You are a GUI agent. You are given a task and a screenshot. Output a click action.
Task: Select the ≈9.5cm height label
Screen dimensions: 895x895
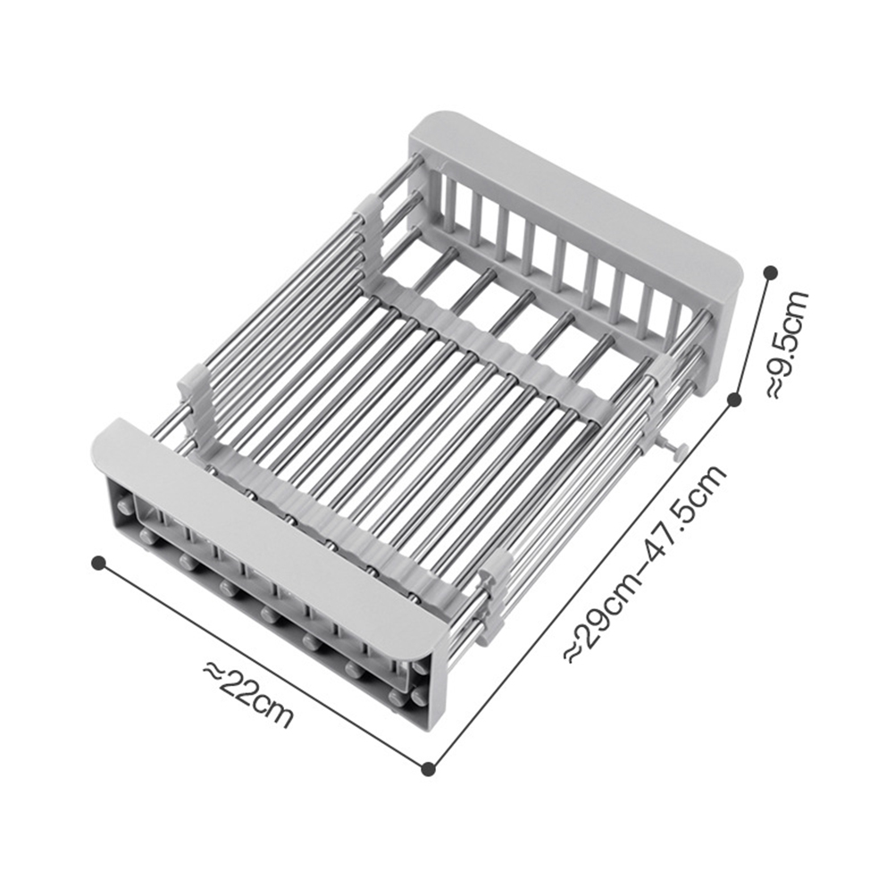pyautogui.click(x=789, y=343)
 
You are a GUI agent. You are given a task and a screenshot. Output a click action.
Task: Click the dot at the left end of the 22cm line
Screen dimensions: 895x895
pyautogui.click(x=99, y=563)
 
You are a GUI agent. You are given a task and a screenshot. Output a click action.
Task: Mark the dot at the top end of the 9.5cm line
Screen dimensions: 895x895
pyautogui.click(x=771, y=272)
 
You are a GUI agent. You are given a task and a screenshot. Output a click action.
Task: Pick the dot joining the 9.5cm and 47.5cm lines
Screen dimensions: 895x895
pyautogui.click(x=734, y=399)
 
